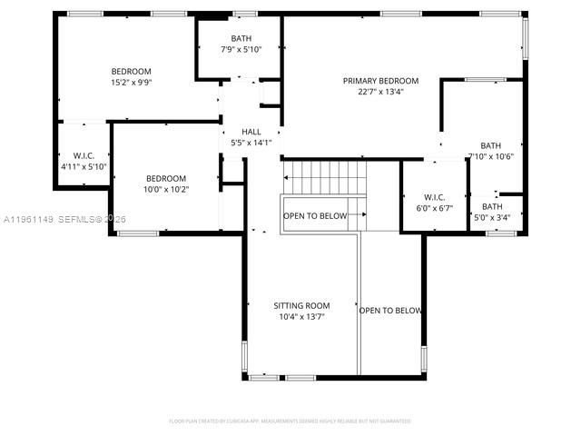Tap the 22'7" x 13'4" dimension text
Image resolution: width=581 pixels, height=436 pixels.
pyautogui.click(x=380, y=91)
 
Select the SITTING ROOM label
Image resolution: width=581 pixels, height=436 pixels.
pyautogui.click(x=301, y=306)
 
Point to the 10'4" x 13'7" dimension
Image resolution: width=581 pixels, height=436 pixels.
pyautogui.click(x=301, y=317)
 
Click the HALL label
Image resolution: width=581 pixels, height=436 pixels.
pyautogui.click(x=251, y=132)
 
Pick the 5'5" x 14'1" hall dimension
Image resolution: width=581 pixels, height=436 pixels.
pyautogui.click(x=251, y=143)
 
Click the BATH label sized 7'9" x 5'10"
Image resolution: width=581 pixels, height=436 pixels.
pyautogui.click(x=241, y=38)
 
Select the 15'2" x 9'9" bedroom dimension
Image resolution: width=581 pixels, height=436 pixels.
pyautogui.click(x=131, y=82)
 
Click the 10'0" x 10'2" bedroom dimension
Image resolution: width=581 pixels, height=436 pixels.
pyautogui.click(x=166, y=189)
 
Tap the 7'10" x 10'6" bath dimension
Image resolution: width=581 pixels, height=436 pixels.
pyautogui.click(x=491, y=156)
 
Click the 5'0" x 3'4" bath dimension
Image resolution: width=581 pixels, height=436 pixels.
pyautogui.click(x=491, y=217)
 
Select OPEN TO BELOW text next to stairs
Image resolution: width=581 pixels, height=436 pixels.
pyautogui.click(x=315, y=216)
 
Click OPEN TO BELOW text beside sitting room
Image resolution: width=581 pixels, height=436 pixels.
pyautogui.click(x=390, y=311)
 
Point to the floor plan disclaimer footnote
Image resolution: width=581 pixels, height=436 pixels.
pyautogui.click(x=290, y=421)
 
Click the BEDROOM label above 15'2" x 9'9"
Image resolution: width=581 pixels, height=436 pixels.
pyautogui.click(x=131, y=71)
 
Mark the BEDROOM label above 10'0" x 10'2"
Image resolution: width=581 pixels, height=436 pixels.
pyautogui.click(x=166, y=178)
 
